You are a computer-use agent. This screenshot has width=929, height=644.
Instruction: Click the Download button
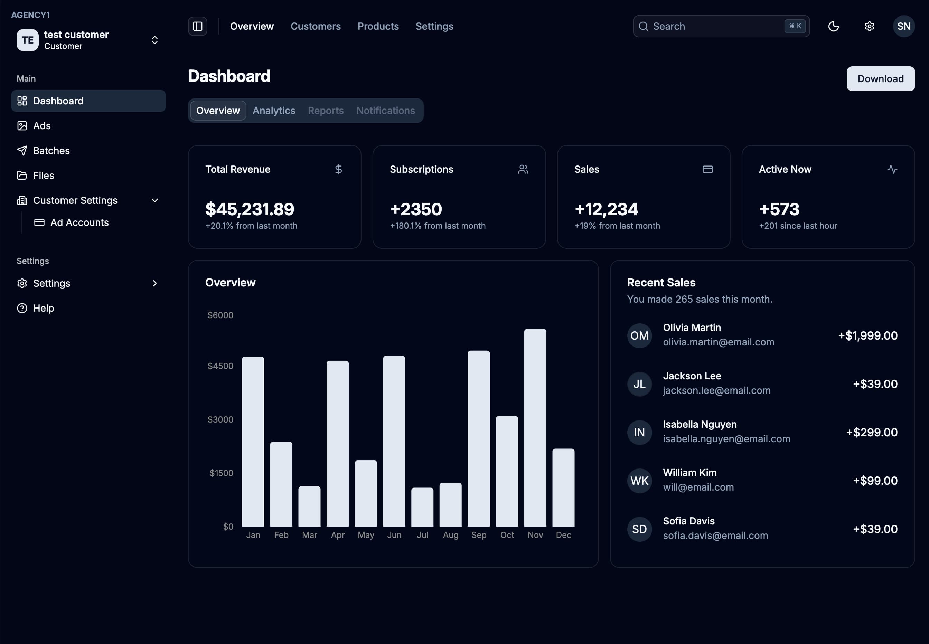pos(880,79)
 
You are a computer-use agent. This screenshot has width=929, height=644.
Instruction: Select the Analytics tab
pos(274,111)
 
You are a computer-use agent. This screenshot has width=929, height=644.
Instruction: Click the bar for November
pos(535,428)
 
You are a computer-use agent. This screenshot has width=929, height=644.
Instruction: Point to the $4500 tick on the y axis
pos(220,366)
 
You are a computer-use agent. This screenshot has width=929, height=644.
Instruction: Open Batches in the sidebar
pos(51,151)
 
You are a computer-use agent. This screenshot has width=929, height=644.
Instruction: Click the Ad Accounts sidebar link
pos(79,222)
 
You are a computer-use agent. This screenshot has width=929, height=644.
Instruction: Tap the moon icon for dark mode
pos(833,26)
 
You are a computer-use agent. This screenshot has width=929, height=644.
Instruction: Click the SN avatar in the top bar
pos(903,26)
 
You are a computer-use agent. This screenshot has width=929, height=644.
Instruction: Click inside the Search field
pos(714,26)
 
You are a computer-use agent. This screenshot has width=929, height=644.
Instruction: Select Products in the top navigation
pos(378,26)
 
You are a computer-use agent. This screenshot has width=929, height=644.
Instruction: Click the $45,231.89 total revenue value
pos(250,209)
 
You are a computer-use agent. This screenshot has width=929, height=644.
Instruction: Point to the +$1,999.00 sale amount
pos(868,335)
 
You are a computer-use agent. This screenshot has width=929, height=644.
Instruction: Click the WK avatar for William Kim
pos(639,481)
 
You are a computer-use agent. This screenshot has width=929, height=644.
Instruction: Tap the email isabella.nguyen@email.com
pos(726,439)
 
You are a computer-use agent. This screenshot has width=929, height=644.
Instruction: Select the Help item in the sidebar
pos(43,308)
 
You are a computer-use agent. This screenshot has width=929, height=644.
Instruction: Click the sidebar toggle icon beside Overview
pos(197,26)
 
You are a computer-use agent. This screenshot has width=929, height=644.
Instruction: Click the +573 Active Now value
pos(779,209)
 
